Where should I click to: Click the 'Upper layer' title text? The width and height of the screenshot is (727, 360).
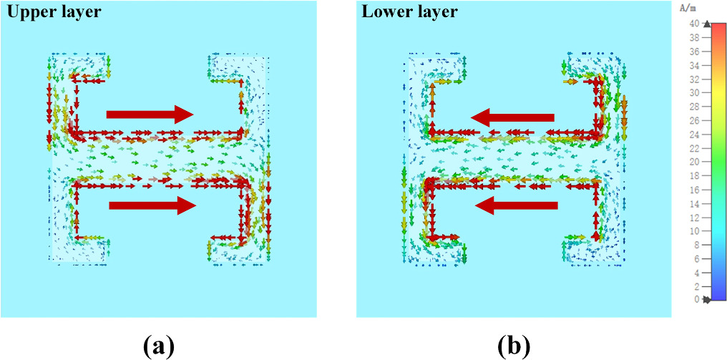54,11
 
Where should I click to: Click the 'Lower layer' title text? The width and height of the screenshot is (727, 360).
409,11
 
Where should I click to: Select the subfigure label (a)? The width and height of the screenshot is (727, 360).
158,346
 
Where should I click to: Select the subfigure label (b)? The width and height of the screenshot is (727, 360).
514,346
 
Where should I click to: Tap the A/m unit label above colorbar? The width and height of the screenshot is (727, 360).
688,9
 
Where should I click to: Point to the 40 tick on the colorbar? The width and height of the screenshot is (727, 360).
694,24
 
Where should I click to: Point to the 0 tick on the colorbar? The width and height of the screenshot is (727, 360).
696,299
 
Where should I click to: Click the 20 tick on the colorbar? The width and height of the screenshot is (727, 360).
694,162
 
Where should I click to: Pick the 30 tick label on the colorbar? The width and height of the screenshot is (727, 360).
694,93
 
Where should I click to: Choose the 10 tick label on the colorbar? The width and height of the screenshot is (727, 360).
694,230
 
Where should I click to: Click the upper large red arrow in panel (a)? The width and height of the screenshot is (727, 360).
150,113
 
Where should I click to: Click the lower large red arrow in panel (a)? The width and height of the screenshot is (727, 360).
152,206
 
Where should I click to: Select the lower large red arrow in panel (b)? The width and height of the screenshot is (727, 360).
516,206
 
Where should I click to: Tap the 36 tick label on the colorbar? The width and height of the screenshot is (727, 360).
694,52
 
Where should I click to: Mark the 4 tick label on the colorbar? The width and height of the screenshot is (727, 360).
696,272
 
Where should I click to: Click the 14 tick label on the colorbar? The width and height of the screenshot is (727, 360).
694,203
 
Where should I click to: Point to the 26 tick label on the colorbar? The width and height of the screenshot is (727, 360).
694,120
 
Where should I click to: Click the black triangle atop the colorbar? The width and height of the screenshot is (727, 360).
708,24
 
